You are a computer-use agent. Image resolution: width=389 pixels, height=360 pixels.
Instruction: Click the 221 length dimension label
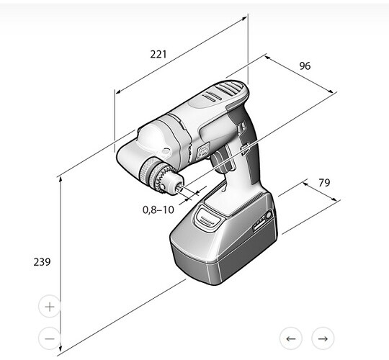(x=158, y=54)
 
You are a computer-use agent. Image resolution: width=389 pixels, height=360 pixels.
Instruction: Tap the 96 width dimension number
(x=305, y=66)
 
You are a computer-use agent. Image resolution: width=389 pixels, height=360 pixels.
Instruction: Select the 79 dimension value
(x=324, y=183)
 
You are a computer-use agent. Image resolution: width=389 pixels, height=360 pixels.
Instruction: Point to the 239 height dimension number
(x=42, y=262)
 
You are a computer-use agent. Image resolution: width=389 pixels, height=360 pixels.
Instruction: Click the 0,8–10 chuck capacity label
(x=158, y=210)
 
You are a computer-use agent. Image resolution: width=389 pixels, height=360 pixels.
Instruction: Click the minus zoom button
(x=50, y=338)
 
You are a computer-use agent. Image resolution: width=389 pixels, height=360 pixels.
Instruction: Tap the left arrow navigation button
(x=291, y=338)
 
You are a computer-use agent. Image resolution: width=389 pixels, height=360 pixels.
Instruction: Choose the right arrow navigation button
(x=323, y=338)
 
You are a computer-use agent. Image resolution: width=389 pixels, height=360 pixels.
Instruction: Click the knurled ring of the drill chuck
(x=148, y=169)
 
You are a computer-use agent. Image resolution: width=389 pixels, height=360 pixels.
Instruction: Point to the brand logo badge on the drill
(x=202, y=150)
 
